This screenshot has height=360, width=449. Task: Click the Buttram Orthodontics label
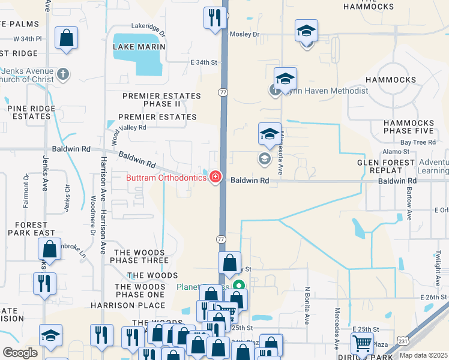pyautogui.click(x=166, y=178)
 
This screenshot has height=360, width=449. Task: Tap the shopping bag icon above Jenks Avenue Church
pyautogui.click(x=66, y=38)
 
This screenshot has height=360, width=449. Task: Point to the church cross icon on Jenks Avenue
pyautogui.click(x=62, y=75)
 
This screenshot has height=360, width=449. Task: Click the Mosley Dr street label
pyautogui.click(x=244, y=34)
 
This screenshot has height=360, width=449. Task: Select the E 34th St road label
pyautogui.click(x=203, y=62)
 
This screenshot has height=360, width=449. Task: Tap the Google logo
pyautogui.click(x=20, y=353)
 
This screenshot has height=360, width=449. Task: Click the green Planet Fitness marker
pyautogui.click(x=239, y=286)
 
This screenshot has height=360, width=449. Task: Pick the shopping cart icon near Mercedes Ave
pyautogui.click(x=362, y=344)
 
